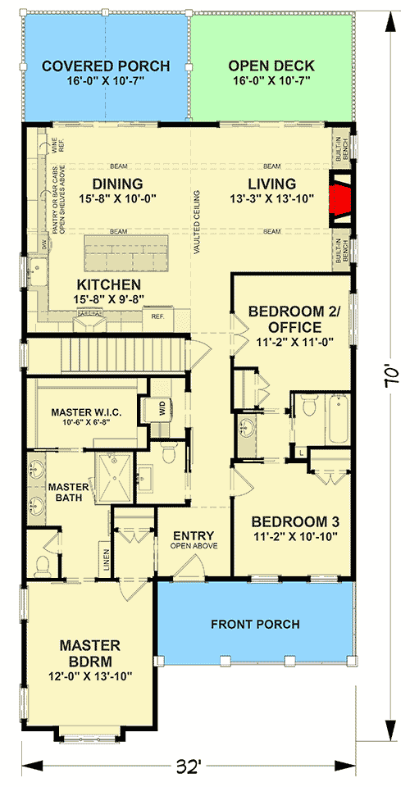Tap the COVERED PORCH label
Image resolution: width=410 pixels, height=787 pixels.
tap(106, 66)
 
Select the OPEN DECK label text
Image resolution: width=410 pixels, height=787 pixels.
tap(271, 66)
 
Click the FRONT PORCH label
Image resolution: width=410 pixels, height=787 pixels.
tap(255, 624)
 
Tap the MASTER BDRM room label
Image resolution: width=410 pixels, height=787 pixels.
tap(89, 653)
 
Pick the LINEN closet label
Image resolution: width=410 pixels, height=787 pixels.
tap(105, 558)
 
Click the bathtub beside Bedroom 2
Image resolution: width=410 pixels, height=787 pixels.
tap(338, 419)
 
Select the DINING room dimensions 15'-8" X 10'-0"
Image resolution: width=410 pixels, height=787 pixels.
tap(117, 198)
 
